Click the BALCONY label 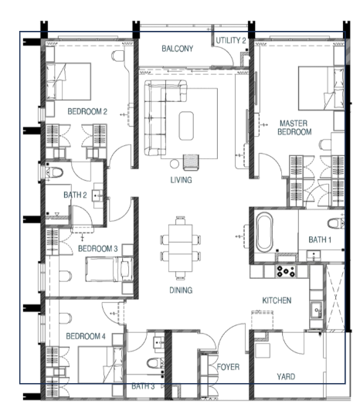(x=177, y=49)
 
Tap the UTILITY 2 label (x=231, y=40)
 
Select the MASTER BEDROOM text (x=294, y=127)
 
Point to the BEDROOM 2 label (x=87, y=111)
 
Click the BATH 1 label (x=320, y=239)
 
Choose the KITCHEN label (x=277, y=301)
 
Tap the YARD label (x=286, y=377)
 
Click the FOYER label (x=228, y=367)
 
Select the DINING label (x=181, y=290)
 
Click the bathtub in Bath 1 (x=264, y=233)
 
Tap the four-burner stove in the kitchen (x=286, y=272)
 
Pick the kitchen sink (x=317, y=310)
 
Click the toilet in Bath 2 (x=55, y=173)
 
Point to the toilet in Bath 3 (x=155, y=363)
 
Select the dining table (x=181, y=248)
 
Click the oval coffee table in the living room (x=186, y=126)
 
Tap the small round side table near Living (x=175, y=164)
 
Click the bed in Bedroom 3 (x=109, y=269)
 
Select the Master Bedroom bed (x=321, y=88)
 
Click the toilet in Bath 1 (x=336, y=223)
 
